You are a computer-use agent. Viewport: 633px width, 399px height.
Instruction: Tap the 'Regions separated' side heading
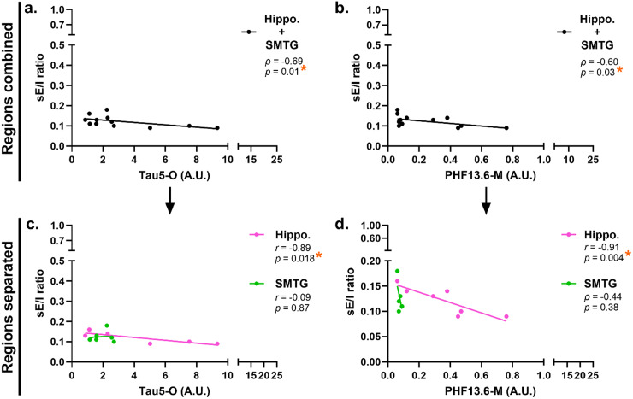coord(9,295)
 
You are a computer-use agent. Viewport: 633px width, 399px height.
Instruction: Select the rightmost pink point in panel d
coord(506,316)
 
